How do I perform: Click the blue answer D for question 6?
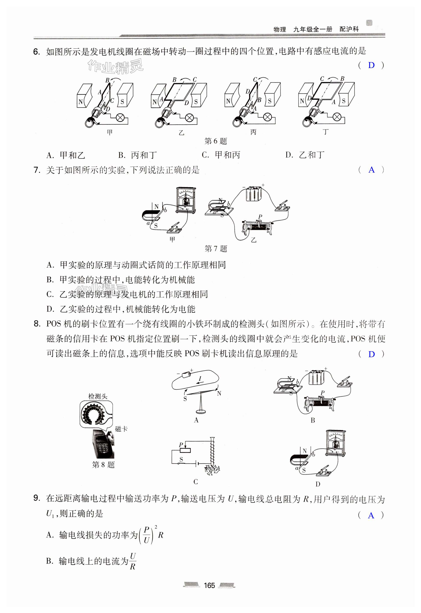coord(371,65)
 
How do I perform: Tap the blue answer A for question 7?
coord(371,170)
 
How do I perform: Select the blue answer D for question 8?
coord(371,354)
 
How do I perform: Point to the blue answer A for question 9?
coord(371,515)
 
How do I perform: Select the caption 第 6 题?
coord(216,141)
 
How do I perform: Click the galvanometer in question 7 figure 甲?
coord(186,200)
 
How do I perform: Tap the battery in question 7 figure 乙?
coord(254,194)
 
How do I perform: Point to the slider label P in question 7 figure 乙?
coord(260,217)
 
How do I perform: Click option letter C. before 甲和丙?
coord(205,155)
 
